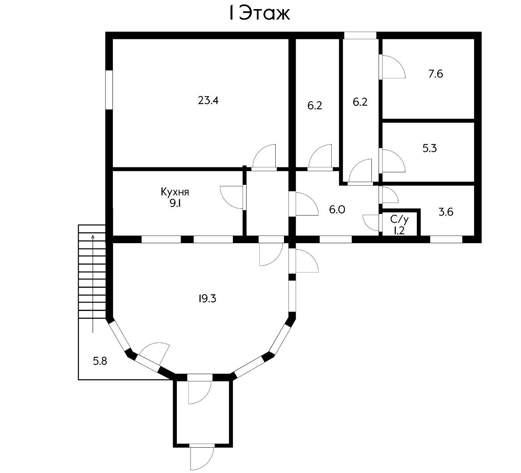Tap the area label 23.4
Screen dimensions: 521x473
pyautogui.click(x=208, y=100)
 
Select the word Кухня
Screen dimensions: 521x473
pyautogui.click(x=175, y=192)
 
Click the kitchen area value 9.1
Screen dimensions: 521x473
pyautogui.click(x=175, y=204)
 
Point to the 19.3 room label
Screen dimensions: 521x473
pyautogui.click(x=207, y=299)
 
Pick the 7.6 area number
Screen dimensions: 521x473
pyautogui.click(x=435, y=74)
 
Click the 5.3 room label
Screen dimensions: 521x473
pyautogui.click(x=430, y=148)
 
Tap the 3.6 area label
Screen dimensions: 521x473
pyautogui.click(x=446, y=212)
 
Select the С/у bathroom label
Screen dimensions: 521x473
pyautogui.click(x=399, y=220)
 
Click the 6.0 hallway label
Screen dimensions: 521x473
pyautogui.click(x=337, y=209)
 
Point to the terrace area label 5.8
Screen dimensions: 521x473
pyautogui.click(x=100, y=361)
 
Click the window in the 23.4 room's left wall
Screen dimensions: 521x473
pyautogui.click(x=109, y=90)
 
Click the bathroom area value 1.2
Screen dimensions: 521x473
pyautogui.click(x=399, y=231)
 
